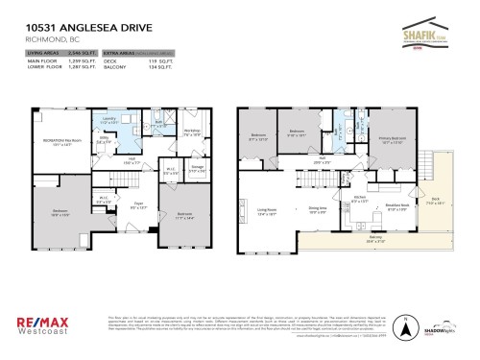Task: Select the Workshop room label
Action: tap(190, 132)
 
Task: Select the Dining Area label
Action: tap(318, 207)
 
